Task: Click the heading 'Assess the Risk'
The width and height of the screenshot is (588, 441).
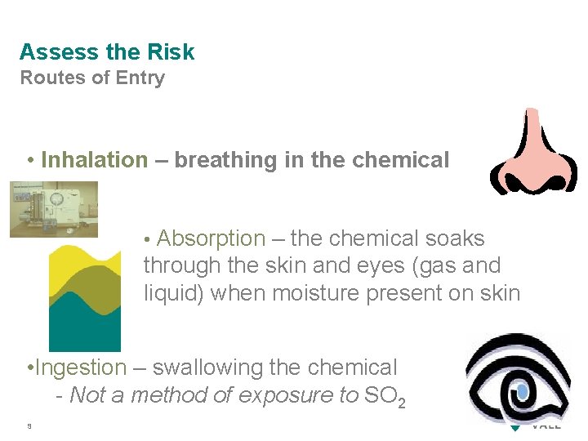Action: [107, 52]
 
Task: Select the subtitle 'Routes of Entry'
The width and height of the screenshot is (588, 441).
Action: [92, 78]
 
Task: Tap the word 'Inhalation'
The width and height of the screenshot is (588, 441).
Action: [95, 160]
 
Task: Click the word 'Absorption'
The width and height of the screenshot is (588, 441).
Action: [211, 238]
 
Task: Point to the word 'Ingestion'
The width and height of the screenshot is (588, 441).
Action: [81, 368]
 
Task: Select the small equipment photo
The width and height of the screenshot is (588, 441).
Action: [54, 209]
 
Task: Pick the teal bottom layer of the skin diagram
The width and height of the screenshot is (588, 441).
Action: [85, 327]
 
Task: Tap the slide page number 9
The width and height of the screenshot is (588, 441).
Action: [29, 425]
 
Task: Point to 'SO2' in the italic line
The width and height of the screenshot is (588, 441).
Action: [385, 397]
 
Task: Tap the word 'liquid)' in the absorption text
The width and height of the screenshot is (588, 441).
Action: [173, 292]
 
